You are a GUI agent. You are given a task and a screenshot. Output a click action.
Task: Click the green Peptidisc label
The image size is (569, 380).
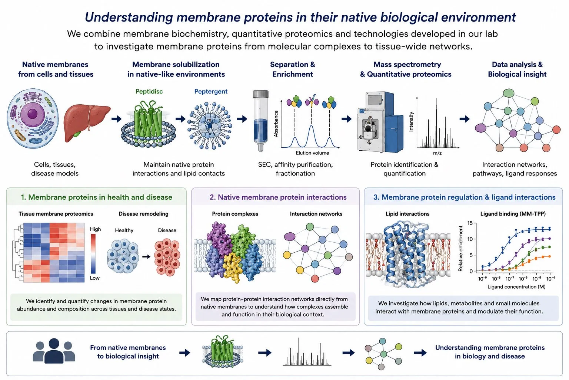click(149, 91)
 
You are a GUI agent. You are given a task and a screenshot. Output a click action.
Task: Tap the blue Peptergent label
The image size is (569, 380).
click(211, 91)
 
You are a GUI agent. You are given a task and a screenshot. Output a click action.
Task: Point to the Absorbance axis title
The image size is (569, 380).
click(276, 124)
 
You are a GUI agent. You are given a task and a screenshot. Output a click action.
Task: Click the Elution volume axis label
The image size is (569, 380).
click(312, 153)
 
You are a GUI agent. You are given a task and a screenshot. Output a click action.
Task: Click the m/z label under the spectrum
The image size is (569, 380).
click(437, 153)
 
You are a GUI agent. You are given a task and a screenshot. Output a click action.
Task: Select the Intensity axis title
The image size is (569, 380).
click(411, 122)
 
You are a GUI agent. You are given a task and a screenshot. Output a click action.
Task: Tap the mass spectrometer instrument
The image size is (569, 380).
click(380, 122)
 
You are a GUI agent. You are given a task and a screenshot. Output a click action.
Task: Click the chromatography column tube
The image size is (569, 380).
click(260, 121)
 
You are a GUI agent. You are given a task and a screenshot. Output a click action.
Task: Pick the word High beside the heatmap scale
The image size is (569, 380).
click(95, 229)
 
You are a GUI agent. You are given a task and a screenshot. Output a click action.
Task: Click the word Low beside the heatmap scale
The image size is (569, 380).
click(94, 278)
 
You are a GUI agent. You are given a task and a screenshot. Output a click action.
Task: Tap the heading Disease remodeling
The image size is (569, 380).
click(143, 214)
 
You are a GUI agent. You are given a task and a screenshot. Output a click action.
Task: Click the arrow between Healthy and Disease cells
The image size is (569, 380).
click(146, 256)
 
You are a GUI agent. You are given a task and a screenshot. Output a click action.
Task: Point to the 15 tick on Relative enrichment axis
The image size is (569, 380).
click(470, 223)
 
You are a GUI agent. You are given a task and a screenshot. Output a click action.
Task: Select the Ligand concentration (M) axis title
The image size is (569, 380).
click(516, 287)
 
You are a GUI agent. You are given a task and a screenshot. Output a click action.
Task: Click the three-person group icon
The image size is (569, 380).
click(54, 351)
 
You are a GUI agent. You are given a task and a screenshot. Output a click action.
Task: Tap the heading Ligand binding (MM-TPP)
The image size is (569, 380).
click(513, 214)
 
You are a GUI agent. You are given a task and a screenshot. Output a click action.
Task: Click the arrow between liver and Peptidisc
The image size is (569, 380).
click(117, 119)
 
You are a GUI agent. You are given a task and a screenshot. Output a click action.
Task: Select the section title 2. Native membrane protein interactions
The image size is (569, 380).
click(278, 197)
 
